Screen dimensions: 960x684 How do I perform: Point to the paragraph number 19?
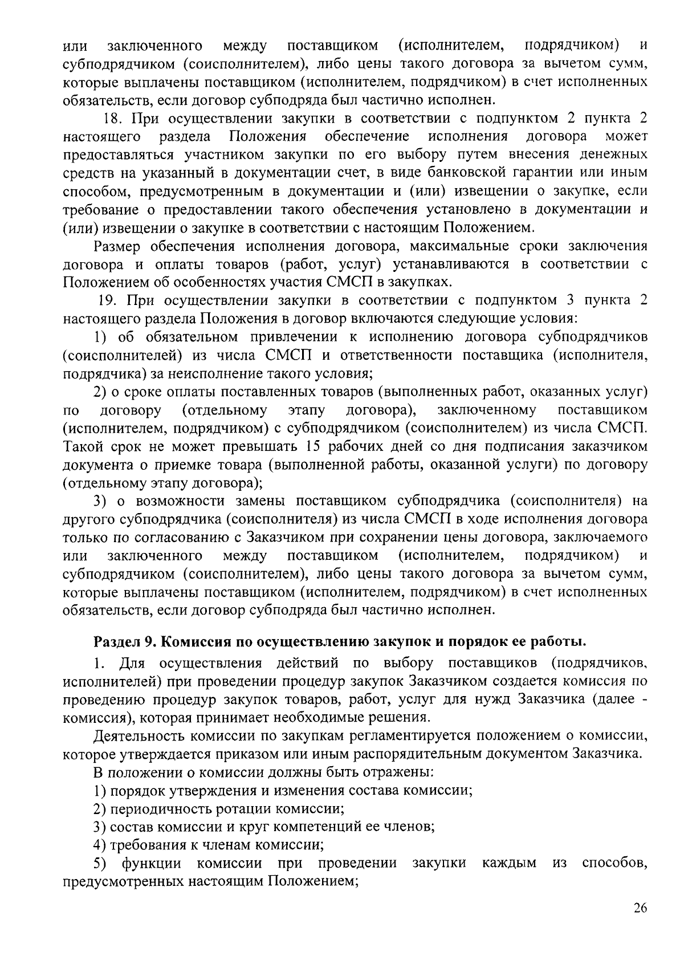106,300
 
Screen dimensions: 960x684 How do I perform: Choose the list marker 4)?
100,845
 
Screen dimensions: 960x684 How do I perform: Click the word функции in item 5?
150,863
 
